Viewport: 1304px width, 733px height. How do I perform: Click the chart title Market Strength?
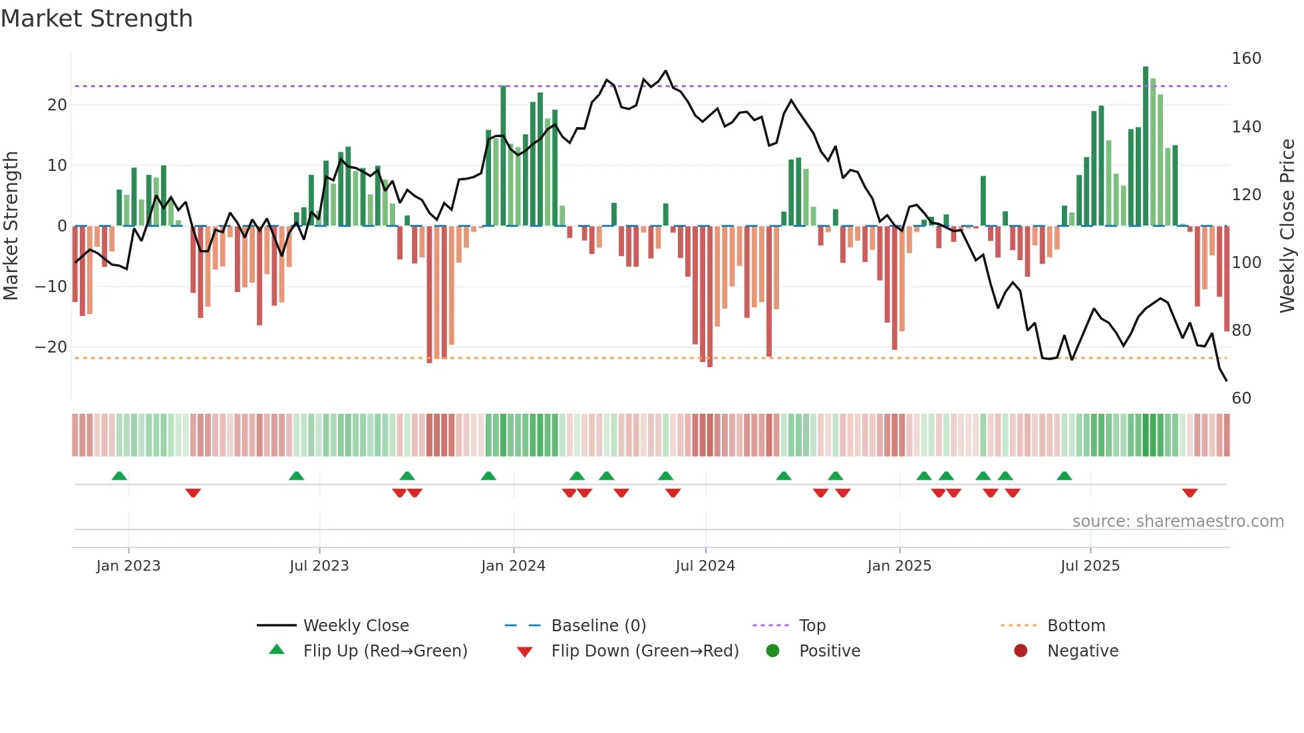tap(96, 19)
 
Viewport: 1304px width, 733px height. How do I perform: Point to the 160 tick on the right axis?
tap(1246, 59)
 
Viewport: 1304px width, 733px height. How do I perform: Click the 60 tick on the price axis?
tap(1241, 398)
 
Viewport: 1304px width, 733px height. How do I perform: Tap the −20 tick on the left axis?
tap(51, 347)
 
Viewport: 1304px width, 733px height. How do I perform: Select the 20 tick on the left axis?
tap(57, 105)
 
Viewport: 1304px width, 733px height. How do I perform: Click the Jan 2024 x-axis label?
tap(513, 566)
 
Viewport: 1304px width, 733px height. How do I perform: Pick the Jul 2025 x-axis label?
tap(1090, 566)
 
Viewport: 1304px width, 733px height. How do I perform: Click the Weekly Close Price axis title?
tap(1288, 226)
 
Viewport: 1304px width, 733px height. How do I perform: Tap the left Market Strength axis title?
tap(11, 226)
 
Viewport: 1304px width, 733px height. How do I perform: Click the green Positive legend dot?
tap(772, 651)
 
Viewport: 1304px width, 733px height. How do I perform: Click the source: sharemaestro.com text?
tap(1178, 521)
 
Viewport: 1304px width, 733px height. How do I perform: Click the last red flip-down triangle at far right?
tap(1190, 493)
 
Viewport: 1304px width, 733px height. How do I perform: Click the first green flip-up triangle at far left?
tap(119, 476)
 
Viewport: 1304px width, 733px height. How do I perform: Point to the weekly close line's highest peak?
tap(665, 71)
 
